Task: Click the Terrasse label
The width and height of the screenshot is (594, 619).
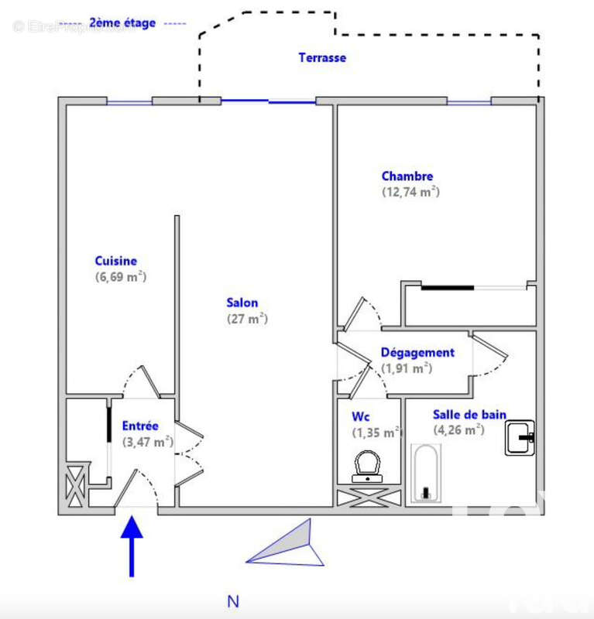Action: [322, 57]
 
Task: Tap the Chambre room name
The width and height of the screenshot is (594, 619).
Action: [407, 176]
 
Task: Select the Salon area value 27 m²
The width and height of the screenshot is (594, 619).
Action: [246, 318]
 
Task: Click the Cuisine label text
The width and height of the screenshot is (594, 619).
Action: [115, 262]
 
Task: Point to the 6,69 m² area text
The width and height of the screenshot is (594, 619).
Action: [120, 277]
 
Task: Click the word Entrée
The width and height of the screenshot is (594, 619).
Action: [140, 426]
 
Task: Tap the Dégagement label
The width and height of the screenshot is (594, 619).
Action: [417, 353]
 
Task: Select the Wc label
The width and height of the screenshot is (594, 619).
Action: [361, 417]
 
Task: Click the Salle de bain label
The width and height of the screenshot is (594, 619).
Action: [469, 415]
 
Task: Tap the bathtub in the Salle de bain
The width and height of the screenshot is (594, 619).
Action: [425, 473]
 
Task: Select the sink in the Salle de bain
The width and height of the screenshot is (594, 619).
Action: [520, 438]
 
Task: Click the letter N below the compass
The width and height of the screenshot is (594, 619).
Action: [232, 601]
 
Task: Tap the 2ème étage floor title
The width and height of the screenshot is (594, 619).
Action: [122, 23]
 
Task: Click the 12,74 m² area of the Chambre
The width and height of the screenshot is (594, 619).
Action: [410, 192]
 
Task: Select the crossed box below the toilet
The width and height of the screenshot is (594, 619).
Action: [369, 497]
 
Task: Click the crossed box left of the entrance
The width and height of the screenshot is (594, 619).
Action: [76, 487]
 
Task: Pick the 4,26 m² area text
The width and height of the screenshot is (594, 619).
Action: [458, 430]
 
